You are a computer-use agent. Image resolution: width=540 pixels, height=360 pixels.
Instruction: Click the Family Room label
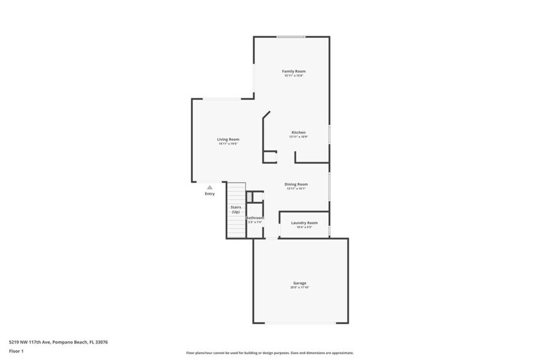click(x=294, y=72)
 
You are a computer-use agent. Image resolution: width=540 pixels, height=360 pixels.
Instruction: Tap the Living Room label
click(x=228, y=140)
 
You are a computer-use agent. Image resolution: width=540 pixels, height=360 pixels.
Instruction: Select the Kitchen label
click(x=298, y=133)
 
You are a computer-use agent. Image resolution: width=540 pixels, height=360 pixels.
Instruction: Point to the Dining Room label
click(x=296, y=184)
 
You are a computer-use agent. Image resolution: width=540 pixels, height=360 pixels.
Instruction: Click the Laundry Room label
click(x=304, y=223)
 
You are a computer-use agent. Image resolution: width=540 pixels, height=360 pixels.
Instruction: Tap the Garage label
click(x=299, y=283)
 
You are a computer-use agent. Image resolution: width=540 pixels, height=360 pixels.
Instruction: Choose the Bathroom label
click(x=255, y=218)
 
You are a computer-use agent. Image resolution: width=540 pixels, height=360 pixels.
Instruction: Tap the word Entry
click(x=210, y=194)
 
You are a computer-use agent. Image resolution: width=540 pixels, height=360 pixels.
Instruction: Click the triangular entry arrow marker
click(x=210, y=187)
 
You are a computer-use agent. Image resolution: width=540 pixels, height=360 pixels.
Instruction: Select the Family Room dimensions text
click(x=294, y=76)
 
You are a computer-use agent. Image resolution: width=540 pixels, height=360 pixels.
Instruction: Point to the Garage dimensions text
click(x=299, y=287)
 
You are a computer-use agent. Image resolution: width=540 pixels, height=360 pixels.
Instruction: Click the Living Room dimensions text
click(x=228, y=144)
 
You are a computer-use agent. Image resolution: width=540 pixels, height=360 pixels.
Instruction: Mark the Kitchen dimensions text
click(x=298, y=137)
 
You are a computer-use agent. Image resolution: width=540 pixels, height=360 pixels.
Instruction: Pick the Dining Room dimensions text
click(x=296, y=188)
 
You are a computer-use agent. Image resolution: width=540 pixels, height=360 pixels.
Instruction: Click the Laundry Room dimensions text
click(x=304, y=227)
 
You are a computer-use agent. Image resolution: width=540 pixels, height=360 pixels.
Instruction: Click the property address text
click(x=58, y=342)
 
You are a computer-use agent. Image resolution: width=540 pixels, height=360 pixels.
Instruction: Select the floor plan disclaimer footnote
click(x=270, y=353)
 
